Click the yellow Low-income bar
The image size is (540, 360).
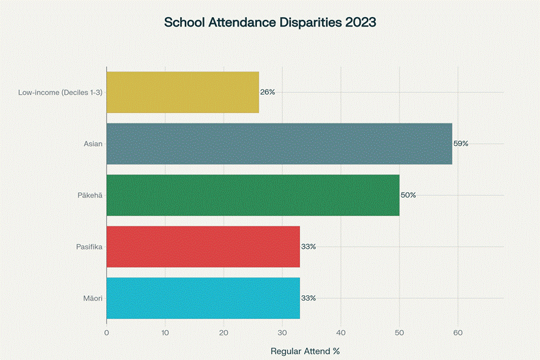tap(183, 92)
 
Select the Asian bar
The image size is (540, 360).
tap(280, 144)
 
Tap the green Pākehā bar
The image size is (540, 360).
tap(253, 195)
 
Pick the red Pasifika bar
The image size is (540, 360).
tap(203, 246)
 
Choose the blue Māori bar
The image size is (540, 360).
tap(203, 298)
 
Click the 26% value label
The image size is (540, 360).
tap(267, 92)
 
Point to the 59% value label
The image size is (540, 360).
tap(461, 144)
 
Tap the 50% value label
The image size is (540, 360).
tap(408, 195)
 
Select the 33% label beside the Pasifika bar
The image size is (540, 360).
tap(308, 246)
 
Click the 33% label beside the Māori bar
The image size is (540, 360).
tap(308, 298)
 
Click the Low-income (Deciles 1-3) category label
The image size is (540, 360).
tap(60, 92)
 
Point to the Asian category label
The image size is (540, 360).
tap(93, 144)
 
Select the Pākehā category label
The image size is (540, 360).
tap(89, 195)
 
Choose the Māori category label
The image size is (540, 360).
tap(91, 298)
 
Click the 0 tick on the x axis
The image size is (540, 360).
tap(107, 333)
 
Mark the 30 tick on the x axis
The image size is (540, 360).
tap(282, 333)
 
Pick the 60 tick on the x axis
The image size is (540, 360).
tap(457, 333)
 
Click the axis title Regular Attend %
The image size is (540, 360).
tap(305, 351)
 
